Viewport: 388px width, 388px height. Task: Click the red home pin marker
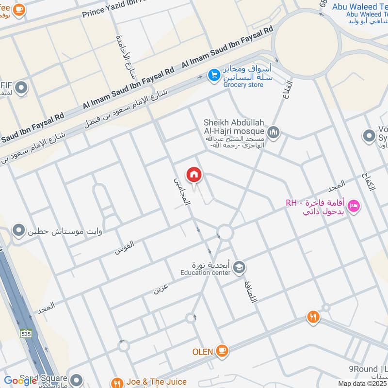(194, 175)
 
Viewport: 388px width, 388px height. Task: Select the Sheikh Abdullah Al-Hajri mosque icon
(274, 132)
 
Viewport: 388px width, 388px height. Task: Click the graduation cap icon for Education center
(239, 267)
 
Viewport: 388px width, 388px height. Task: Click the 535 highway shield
(26, 334)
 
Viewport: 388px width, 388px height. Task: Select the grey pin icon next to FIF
(21, 88)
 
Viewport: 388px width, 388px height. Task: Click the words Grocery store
(243, 85)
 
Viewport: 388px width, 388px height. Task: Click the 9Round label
(369, 369)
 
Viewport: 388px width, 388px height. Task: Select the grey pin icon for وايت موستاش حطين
(19, 229)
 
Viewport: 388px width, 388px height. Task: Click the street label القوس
(125, 247)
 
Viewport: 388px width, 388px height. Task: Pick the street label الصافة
(251, 291)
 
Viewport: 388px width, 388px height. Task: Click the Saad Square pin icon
(76, 379)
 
